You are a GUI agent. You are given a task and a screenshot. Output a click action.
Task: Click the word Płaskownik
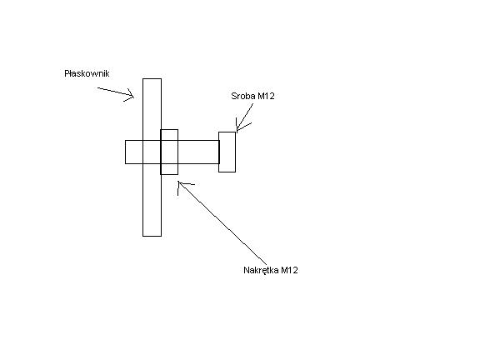click(x=87, y=73)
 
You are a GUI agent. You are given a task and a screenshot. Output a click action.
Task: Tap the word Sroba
click(x=243, y=96)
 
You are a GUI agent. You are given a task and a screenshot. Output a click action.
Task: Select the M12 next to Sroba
click(x=266, y=96)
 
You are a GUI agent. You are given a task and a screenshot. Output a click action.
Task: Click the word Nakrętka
click(x=261, y=270)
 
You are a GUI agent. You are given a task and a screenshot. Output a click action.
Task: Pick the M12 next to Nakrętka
click(x=289, y=270)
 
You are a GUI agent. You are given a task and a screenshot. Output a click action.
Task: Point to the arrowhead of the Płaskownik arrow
click(x=133, y=97)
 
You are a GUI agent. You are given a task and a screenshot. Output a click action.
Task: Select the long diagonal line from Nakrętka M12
click(x=222, y=223)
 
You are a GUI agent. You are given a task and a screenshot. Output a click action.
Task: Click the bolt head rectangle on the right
click(x=227, y=152)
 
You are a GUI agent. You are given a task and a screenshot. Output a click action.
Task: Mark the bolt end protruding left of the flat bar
click(x=134, y=152)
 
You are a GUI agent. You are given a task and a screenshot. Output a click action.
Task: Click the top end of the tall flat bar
click(x=152, y=79)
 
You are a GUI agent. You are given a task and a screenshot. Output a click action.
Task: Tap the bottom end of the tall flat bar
click(x=152, y=236)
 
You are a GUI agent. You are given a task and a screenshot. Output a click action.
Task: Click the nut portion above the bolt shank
click(x=169, y=135)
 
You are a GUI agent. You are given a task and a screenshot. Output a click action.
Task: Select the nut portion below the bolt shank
click(x=169, y=169)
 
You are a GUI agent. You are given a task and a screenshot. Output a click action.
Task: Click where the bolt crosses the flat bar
click(x=152, y=152)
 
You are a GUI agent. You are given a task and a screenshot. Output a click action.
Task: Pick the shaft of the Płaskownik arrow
click(x=115, y=92)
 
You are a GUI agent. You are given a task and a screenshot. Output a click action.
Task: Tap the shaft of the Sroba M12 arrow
click(x=245, y=117)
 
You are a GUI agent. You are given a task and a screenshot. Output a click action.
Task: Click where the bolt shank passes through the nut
click(x=169, y=152)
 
